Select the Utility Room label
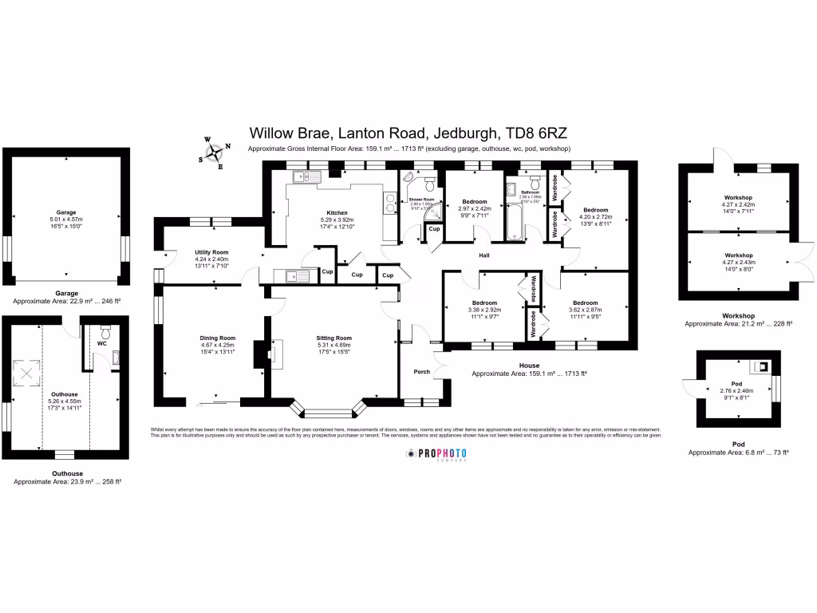click(211, 252)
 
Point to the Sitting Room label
click(334, 338)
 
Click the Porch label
click(421, 372)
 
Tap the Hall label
click(483, 256)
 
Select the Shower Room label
click(421, 200)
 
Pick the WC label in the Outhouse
click(101, 344)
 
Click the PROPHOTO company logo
click(436, 454)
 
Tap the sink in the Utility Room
click(292, 277)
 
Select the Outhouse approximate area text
click(68, 481)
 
